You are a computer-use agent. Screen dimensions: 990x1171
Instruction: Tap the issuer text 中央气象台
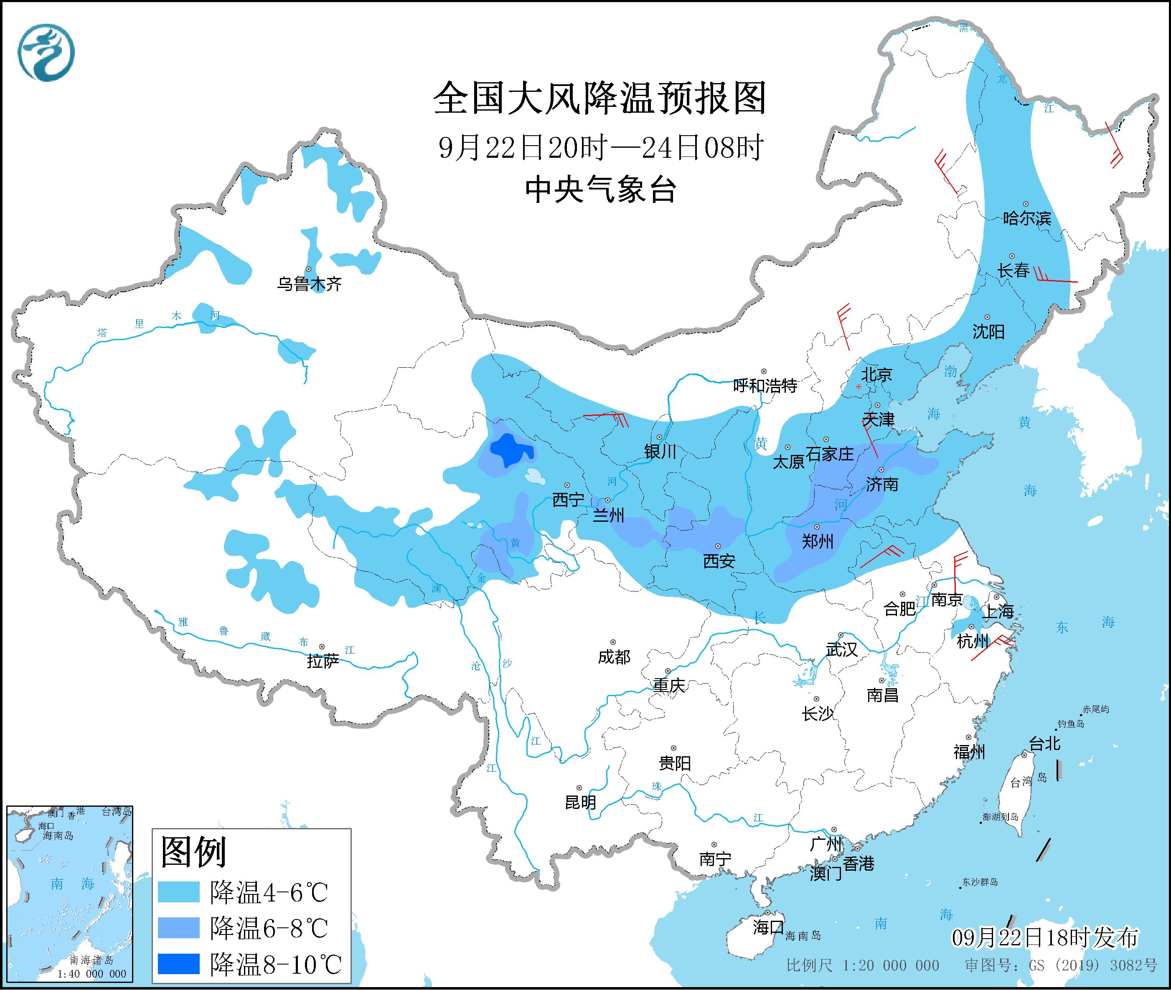(x=600, y=189)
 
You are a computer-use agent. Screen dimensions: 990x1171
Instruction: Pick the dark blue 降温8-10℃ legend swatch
(x=179, y=964)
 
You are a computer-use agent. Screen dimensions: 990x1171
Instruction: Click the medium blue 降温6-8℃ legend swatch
(x=179, y=928)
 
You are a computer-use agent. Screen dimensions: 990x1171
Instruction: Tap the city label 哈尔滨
(x=1026, y=218)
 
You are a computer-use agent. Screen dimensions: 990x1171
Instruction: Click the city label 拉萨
(x=323, y=662)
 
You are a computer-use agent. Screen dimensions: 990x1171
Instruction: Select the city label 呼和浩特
(x=765, y=386)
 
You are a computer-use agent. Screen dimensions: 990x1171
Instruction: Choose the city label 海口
(x=768, y=927)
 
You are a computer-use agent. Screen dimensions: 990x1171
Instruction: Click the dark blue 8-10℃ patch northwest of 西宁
(x=510, y=450)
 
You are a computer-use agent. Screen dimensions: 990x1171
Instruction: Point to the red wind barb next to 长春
(x=1055, y=278)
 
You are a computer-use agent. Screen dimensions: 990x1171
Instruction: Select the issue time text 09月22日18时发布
(x=1045, y=938)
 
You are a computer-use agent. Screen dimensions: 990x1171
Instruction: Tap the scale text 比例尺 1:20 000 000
(x=863, y=966)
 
